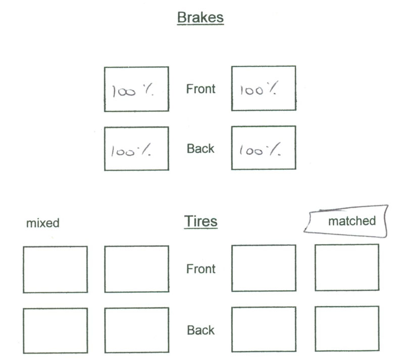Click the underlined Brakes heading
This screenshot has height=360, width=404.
pos(200,18)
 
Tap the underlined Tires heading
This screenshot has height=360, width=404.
pos(200,221)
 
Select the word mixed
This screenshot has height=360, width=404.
pos(43,222)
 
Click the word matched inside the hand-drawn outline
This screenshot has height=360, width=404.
pos(352,221)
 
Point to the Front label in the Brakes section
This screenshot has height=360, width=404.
pos(200,89)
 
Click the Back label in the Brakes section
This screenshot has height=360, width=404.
pos(200,149)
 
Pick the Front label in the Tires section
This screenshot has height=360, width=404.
pos(200,268)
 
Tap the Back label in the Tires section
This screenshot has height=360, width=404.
pos(200,330)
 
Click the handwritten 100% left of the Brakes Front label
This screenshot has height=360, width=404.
pos(133,92)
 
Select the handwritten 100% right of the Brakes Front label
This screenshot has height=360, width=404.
pos(259,91)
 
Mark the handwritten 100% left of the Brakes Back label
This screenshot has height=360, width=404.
pos(132,151)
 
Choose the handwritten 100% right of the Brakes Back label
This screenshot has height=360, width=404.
pos(259,150)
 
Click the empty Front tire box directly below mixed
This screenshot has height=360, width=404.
pos(55,269)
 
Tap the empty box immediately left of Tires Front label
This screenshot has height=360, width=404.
pos(136,269)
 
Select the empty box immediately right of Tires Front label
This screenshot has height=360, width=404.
pos(264,268)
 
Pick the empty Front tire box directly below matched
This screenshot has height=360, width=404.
pos(347,267)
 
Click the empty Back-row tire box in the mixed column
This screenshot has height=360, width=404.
pos(55,331)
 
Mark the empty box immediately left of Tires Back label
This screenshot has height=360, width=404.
pos(136,330)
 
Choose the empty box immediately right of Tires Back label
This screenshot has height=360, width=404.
pos(264,329)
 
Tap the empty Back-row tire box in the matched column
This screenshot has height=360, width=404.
pos(347,328)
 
